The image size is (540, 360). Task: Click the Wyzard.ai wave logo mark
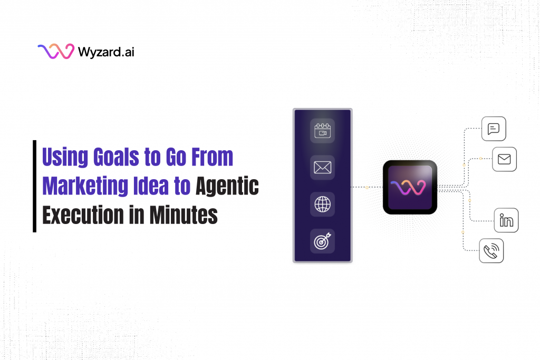click(55, 52)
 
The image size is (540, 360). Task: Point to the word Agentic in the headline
click(227, 186)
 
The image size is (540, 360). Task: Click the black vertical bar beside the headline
click(35, 186)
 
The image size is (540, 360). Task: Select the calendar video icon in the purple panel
click(322, 131)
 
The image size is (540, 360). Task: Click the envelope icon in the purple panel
click(322, 168)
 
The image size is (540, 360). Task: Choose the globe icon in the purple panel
click(322, 205)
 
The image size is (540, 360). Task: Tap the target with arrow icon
click(322, 241)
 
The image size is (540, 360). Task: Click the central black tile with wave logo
click(410, 187)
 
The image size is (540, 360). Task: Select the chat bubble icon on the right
click(494, 129)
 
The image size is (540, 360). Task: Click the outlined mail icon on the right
click(504, 159)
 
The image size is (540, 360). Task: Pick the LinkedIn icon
click(506, 220)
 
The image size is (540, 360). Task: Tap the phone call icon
click(491, 250)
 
